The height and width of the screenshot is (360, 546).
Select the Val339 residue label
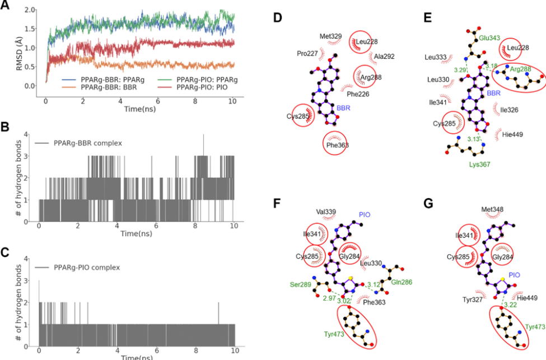[x=326, y=212]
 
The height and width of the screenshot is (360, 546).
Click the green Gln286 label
[x=402, y=283]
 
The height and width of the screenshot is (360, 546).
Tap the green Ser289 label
[x=300, y=284]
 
